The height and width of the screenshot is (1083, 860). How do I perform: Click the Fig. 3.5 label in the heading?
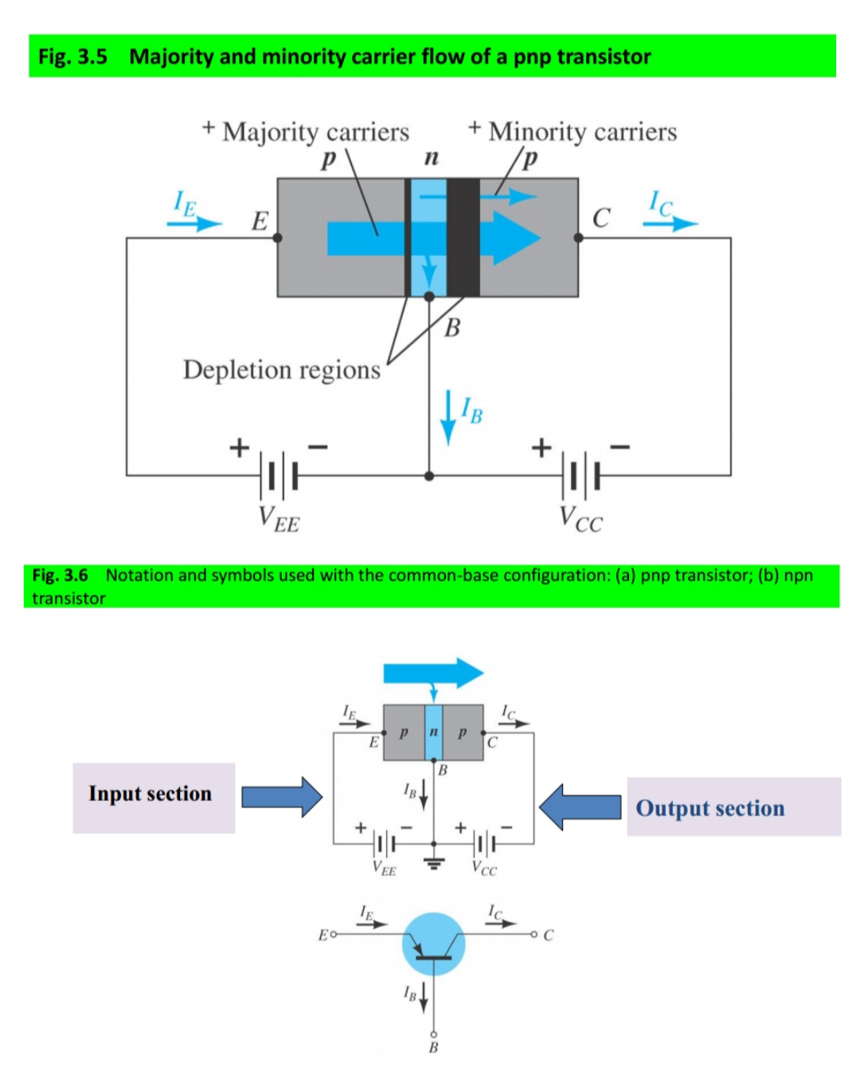point(72,57)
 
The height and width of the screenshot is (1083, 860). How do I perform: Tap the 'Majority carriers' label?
point(315,131)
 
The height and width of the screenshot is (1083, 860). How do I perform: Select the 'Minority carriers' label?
point(582,131)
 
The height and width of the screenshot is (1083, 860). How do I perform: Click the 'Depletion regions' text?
point(281,369)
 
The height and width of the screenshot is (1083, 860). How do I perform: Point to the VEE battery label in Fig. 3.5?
point(279,518)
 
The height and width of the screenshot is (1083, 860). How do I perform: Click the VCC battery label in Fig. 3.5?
point(580,518)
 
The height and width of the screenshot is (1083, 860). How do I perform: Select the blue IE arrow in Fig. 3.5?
point(194,223)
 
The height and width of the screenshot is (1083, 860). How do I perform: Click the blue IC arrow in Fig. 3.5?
point(670,224)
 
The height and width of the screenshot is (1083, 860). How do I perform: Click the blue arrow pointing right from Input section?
point(282,796)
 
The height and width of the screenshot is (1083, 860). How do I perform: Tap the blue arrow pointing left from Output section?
point(580,806)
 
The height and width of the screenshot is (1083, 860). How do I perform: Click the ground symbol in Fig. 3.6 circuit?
point(434,862)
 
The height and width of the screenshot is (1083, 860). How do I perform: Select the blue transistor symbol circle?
point(433,944)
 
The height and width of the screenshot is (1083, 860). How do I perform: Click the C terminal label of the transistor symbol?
point(548,935)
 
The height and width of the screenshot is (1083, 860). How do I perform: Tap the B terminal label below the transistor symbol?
point(433,1047)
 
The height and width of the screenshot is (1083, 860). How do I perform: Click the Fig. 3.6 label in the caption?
point(60,575)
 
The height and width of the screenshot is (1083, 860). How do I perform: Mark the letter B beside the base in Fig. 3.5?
point(452,327)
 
